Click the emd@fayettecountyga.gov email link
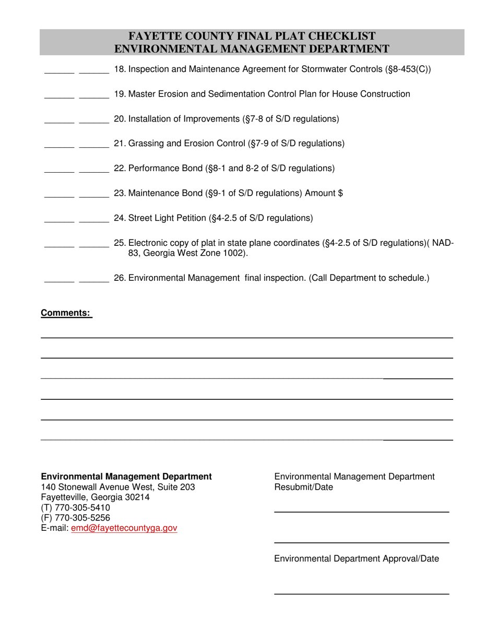point(124,528)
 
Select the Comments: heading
point(66,313)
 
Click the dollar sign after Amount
point(340,193)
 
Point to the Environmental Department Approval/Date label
point(357,559)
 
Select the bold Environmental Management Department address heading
point(126,477)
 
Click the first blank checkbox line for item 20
point(59,122)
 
